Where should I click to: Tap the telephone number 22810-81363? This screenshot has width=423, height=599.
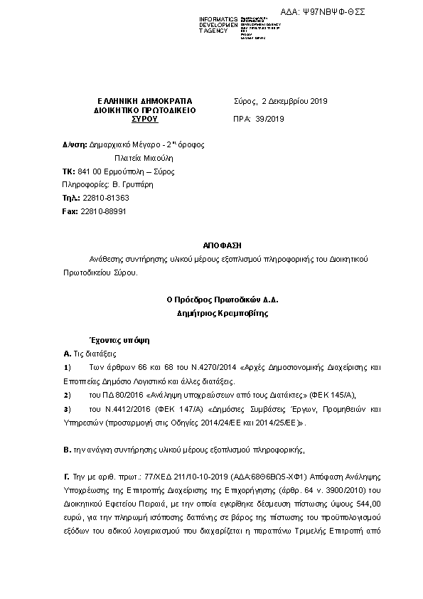point(107,198)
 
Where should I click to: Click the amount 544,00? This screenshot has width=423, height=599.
point(369,503)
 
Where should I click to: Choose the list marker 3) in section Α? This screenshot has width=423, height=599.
point(68,408)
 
